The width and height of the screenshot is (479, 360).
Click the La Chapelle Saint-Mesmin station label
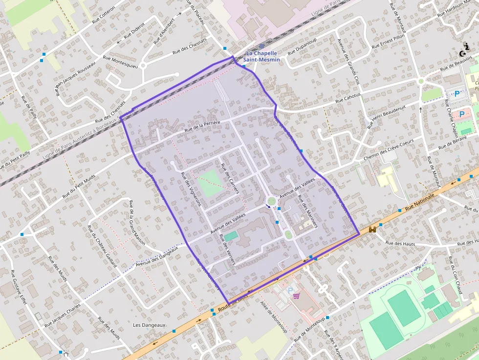[262, 56]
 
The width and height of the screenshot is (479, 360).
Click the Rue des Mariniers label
[307, 212]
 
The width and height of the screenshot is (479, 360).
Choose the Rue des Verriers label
[227, 250]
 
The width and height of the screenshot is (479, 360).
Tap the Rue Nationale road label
[419, 200]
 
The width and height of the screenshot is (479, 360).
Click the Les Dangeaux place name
[150, 325]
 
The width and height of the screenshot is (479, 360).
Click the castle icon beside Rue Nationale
[372, 229]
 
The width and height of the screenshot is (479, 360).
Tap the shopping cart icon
[296, 296]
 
